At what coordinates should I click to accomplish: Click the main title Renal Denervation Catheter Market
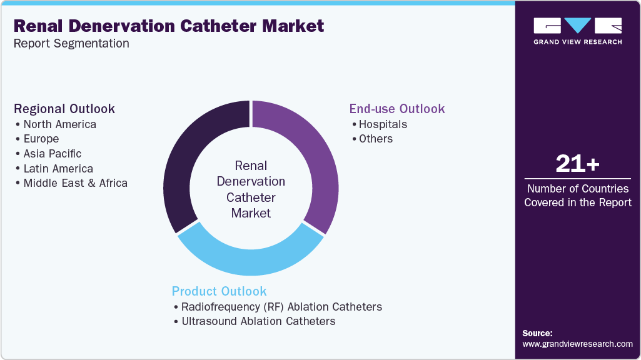pyautogui.click(x=168, y=26)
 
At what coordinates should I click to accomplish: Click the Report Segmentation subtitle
pyautogui.click(x=71, y=44)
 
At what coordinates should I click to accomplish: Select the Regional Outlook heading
pyautogui.click(x=64, y=109)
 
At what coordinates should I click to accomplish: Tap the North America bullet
pyautogui.click(x=59, y=124)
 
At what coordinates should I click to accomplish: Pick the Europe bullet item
pyautogui.click(x=41, y=139)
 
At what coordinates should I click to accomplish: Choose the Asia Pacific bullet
pyautogui.click(x=52, y=154)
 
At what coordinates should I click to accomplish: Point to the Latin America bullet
pyautogui.click(x=58, y=169)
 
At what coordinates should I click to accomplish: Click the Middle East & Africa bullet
pyautogui.click(x=75, y=183)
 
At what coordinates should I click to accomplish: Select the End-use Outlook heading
pyautogui.click(x=397, y=109)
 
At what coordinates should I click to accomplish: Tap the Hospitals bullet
pyautogui.click(x=382, y=124)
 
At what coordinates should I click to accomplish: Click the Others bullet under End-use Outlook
pyautogui.click(x=375, y=139)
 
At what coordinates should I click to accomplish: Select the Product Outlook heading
pyautogui.click(x=219, y=291)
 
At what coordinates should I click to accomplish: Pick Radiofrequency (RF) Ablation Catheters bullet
pyautogui.click(x=281, y=307)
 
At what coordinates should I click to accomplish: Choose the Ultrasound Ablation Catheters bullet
pyautogui.click(x=258, y=321)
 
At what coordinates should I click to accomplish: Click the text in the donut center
pyautogui.click(x=251, y=189)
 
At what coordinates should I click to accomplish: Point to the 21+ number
pyautogui.click(x=577, y=164)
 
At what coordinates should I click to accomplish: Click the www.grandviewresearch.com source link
pyautogui.click(x=577, y=344)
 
